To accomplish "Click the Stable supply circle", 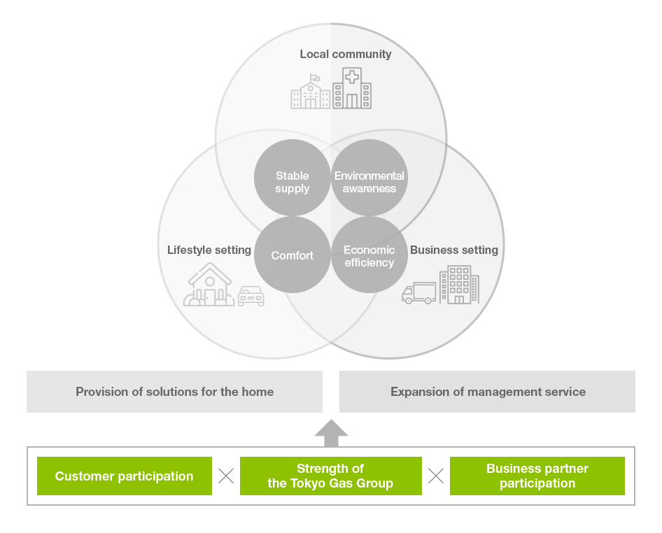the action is pyautogui.click(x=292, y=178).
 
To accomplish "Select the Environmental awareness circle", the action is pyautogui.click(x=369, y=178).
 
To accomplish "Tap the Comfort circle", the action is pyautogui.click(x=292, y=255).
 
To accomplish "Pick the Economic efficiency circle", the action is pyautogui.click(x=369, y=255).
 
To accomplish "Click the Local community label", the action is pyautogui.click(x=346, y=55).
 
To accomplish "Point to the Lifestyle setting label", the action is pyautogui.click(x=209, y=250).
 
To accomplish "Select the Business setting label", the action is pyautogui.click(x=454, y=250).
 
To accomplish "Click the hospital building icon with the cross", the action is pyautogui.click(x=352, y=87).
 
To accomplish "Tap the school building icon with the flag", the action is pyautogui.click(x=310, y=91).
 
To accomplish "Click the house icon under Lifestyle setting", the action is pyautogui.click(x=209, y=285).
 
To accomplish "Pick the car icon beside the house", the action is pyautogui.click(x=251, y=296).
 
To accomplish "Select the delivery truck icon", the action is pyautogui.click(x=418, y=293).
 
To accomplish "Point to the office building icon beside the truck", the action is pyautogui.click(x=459, y=285).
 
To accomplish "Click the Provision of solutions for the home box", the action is pyautogui.click(x=174, y=392).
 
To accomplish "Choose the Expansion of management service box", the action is pyautogui.click(x=487, y=392).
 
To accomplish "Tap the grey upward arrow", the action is pyautogui.click(x=332, y=434).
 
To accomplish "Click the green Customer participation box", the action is pyautogui.click(x=125, y=476).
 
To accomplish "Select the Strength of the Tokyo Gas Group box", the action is pyautogui.click(x=330, y=476).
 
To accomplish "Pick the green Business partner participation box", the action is pyautogui.click(x=537, y=476).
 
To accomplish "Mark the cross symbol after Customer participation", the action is pyautogui.click(x=226, y=476).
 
